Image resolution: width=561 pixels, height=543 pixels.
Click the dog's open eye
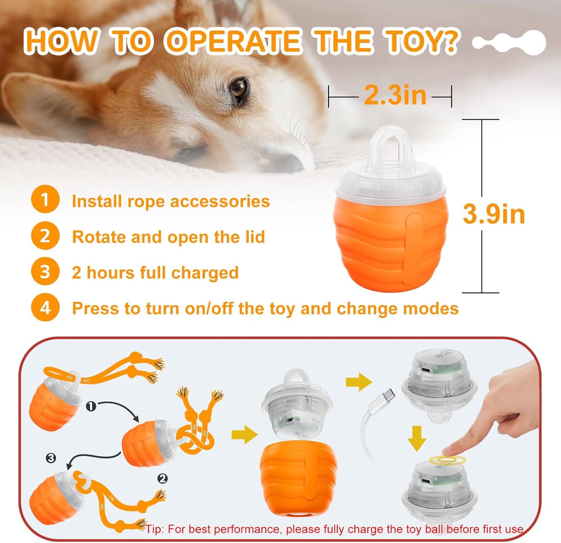(x=238, y=88)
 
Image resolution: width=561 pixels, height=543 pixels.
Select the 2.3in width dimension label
(x=395, y=95)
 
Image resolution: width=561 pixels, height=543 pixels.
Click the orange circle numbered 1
(x=45, y=200)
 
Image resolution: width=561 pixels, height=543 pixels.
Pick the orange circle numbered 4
(x=45, y=308)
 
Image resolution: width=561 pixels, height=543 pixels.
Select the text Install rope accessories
(x=170, y=201)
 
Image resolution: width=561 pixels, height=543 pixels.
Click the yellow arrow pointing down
(x=417, y=439)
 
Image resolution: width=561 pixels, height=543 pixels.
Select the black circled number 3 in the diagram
(x=51, y=458)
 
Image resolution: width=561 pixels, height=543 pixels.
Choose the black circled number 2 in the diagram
(x=163, y=479)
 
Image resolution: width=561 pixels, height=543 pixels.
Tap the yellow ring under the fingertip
(x=448, y=460)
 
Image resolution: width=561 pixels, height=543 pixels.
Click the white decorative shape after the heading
(x=509, y=43)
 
